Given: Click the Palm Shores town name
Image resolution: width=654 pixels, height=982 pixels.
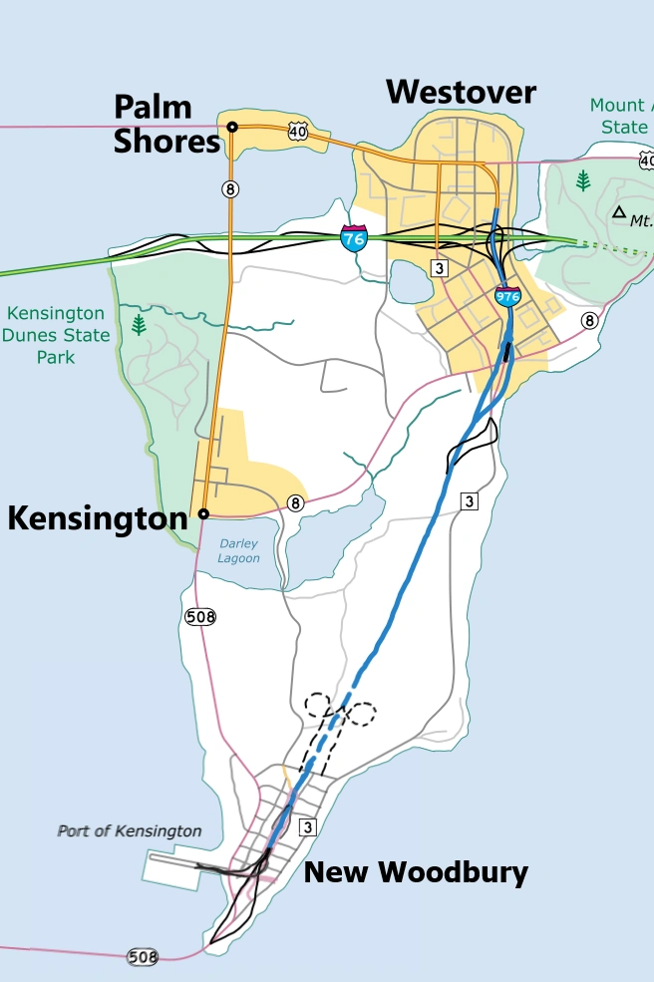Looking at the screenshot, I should (x=166, y=125).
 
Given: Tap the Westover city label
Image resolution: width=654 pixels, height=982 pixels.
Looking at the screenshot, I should (x=461, y=93).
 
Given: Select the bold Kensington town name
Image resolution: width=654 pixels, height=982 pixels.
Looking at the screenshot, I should (x=98, y=517).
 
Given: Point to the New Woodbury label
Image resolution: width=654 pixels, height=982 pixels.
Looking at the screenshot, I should (x=416, y=872).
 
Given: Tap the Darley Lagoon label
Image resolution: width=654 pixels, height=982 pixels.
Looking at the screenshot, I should (x=239, y=550).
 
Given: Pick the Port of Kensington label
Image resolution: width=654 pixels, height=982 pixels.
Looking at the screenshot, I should (x=130, y=830).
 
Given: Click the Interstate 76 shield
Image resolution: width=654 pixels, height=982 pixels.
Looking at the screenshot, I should (x=353, y=238).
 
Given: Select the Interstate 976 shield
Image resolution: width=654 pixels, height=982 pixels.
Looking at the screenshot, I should (x=506, y=295).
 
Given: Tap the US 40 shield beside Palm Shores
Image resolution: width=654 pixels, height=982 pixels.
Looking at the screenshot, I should (x=298, y=130).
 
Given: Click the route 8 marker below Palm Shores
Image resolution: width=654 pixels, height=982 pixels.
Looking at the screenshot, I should (x=230, y=188).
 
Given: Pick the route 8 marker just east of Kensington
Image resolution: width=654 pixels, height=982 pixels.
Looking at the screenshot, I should (x=295, y=503).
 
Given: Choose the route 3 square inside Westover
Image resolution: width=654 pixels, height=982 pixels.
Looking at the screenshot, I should (x=438, y=267).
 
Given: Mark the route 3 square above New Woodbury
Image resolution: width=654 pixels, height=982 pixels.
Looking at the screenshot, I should (x=308, y=826).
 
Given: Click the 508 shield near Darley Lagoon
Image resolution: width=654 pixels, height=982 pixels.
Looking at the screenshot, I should (x=200, y=617).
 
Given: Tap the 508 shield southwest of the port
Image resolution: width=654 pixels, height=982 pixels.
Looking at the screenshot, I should (x=143, y=957).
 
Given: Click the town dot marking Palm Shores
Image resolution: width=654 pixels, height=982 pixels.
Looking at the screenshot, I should (x=231, y=127).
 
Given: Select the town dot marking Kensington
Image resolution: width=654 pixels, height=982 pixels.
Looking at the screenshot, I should (x=202, y=513).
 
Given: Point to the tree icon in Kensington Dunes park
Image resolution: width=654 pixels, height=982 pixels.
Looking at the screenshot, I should (x=140, y=324).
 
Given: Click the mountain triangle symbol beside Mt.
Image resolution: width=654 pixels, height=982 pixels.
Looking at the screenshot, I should (x=619, y=211).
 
